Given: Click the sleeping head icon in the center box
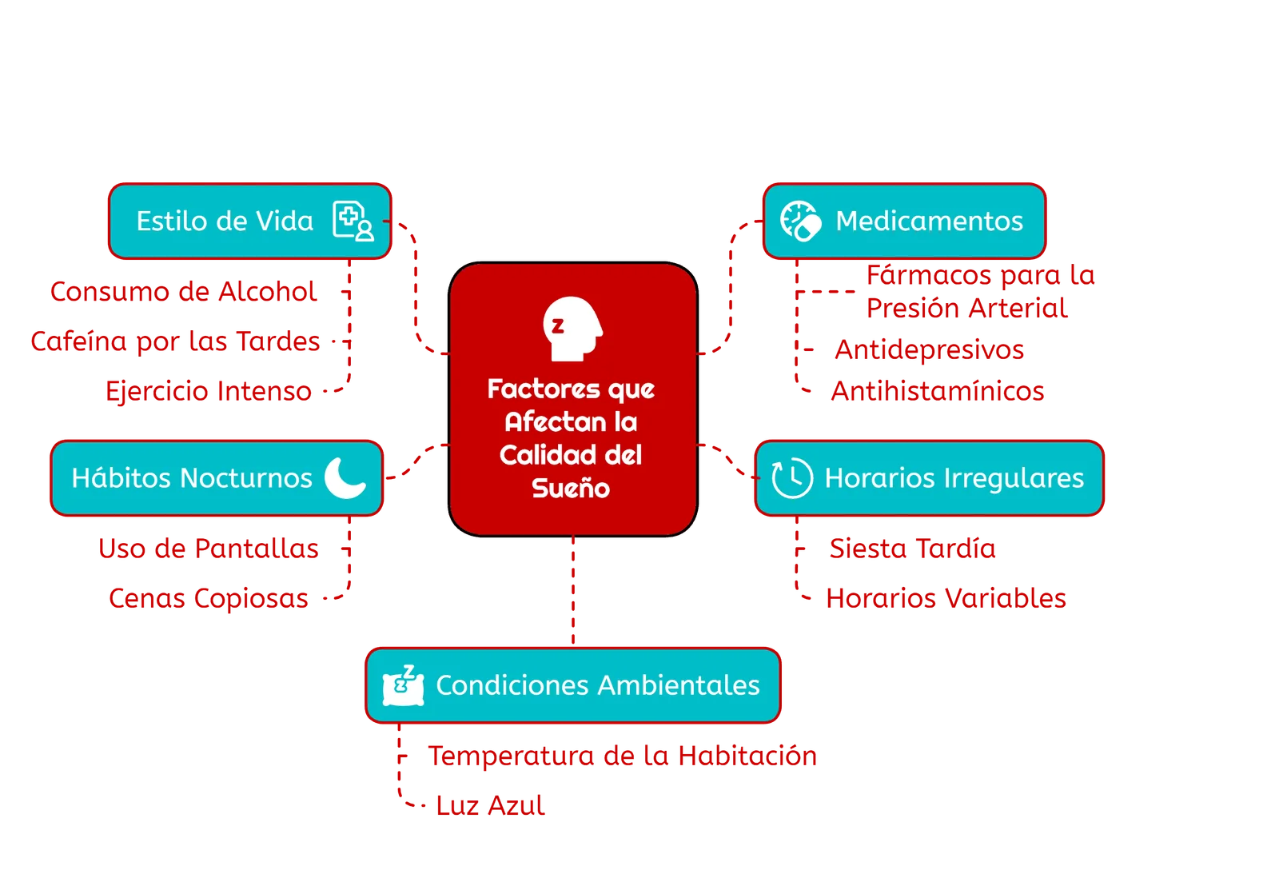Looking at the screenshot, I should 572,328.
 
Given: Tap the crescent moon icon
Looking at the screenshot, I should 345,477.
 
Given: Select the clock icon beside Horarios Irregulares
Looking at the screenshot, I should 791,478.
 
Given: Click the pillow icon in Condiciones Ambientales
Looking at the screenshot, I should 404,686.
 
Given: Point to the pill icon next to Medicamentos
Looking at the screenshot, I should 800,221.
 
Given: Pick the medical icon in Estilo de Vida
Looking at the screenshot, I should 353,221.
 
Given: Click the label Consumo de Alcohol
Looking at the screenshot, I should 184,292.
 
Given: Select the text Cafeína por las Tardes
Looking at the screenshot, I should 175,342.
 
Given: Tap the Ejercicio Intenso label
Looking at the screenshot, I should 209,391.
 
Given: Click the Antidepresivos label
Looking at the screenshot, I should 929,349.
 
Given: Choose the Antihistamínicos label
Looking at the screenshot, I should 938,391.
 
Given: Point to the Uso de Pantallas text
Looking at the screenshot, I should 209,549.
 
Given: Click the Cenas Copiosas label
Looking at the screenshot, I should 209,598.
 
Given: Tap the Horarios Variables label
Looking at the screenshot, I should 946,598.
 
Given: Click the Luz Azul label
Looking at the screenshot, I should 490,805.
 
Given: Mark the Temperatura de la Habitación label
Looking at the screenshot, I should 623,756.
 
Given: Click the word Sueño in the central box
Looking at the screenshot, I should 571,489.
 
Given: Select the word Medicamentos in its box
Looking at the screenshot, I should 929,221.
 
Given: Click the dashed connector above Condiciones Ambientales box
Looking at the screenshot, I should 573,592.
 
